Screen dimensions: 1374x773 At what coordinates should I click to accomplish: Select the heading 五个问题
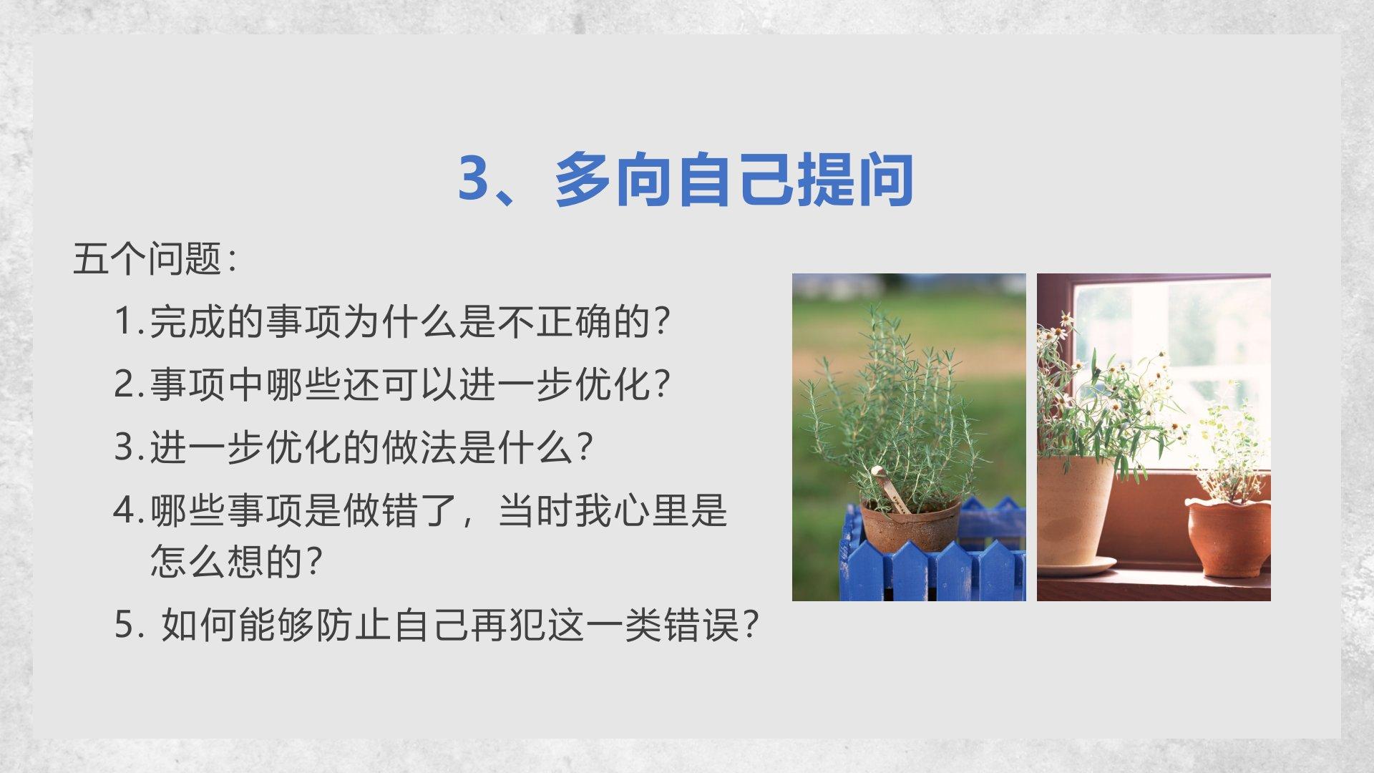[x=147, y=258]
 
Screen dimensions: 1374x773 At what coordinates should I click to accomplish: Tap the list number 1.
[x=126, y=321]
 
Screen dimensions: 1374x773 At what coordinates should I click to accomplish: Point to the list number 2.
[x=126, y=384]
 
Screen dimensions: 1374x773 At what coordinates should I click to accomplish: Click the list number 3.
[x=126, y=447]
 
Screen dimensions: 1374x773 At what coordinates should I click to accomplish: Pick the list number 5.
[x=126, y=624]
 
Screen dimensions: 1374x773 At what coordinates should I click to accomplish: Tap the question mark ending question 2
[x=662, y=384]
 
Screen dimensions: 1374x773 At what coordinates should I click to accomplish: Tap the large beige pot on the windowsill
[x=1074, y=508]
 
